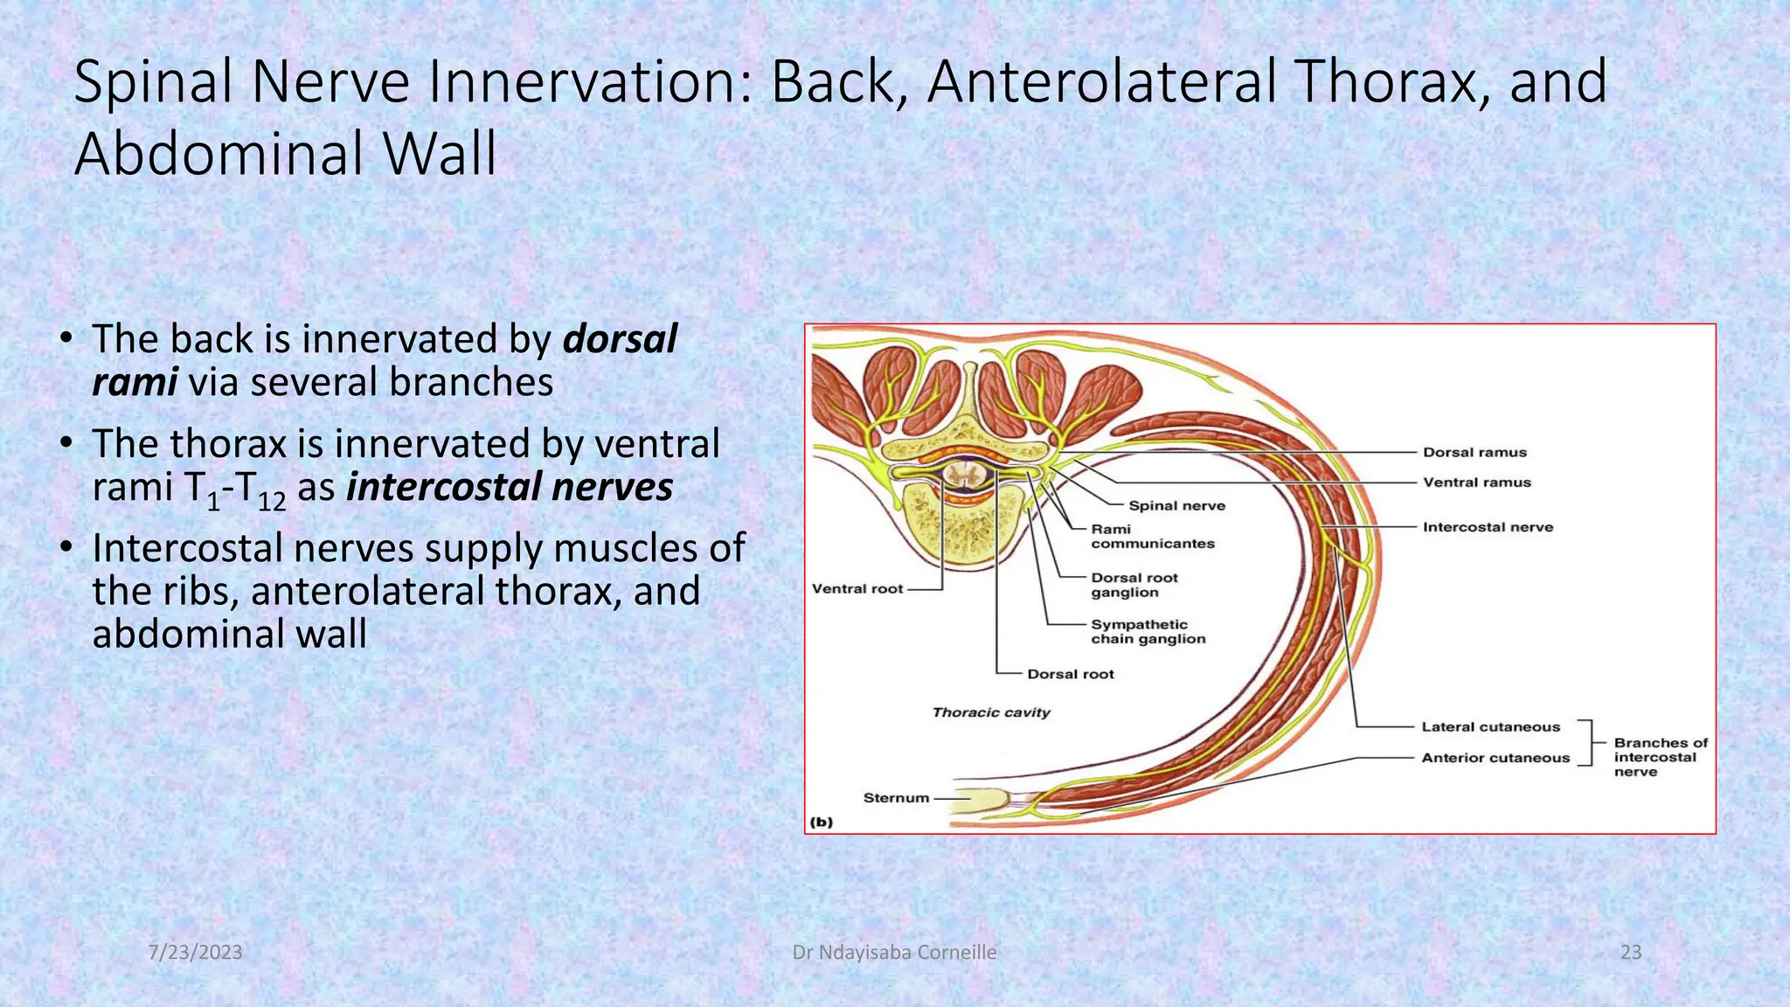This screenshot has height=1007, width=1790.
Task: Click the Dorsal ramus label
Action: tap(1474, 452)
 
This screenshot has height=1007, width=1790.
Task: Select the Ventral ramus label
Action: tap(1476, 482)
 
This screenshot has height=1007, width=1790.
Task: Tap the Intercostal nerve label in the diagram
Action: tap(1488, 527)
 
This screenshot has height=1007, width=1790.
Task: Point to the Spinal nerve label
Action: tap(1176, 505)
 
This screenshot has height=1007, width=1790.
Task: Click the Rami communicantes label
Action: tap(1152, 536)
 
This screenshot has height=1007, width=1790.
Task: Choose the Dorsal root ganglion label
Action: tap(1134, 585)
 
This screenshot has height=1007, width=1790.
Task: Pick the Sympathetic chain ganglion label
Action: tap(1148, 631)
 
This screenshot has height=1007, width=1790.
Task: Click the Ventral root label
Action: tap(857, 588)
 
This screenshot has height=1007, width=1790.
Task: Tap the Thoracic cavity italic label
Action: tap(990, 712)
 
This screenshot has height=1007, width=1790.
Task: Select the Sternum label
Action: tap(895, 797)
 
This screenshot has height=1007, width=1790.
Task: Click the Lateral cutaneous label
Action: tap(1490, 726)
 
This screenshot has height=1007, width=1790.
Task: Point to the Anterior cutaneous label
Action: tap(1495, 758)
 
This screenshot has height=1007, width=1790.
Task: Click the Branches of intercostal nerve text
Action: tap(1659, 757)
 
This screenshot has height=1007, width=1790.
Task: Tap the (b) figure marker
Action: tap(822, 822)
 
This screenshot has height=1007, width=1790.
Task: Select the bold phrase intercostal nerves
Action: tap(510, 487)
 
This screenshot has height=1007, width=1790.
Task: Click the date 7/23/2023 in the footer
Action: tap(195, 952)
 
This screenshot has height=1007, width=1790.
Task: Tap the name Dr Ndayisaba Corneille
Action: tap(894, 952)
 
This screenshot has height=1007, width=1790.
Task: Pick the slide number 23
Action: tap(1630, 952)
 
